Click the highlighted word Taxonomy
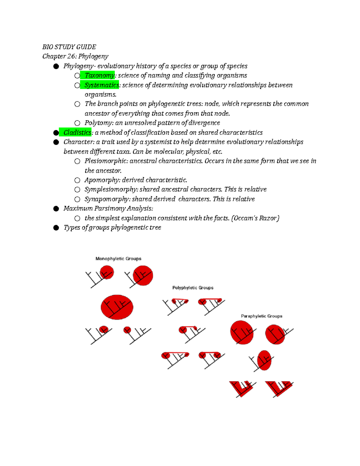(99, 75)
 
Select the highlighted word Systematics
(101, 85)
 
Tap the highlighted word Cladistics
(77, 132)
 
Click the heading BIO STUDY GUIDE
(69, 47)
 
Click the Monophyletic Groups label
(118, 259)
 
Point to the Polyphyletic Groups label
(193, 288)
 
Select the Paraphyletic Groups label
(262, 316)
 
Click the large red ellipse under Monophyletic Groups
(117, 307)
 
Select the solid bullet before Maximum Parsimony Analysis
(56, 209)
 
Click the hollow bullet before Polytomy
(77, 123)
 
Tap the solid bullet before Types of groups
(56, 228)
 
